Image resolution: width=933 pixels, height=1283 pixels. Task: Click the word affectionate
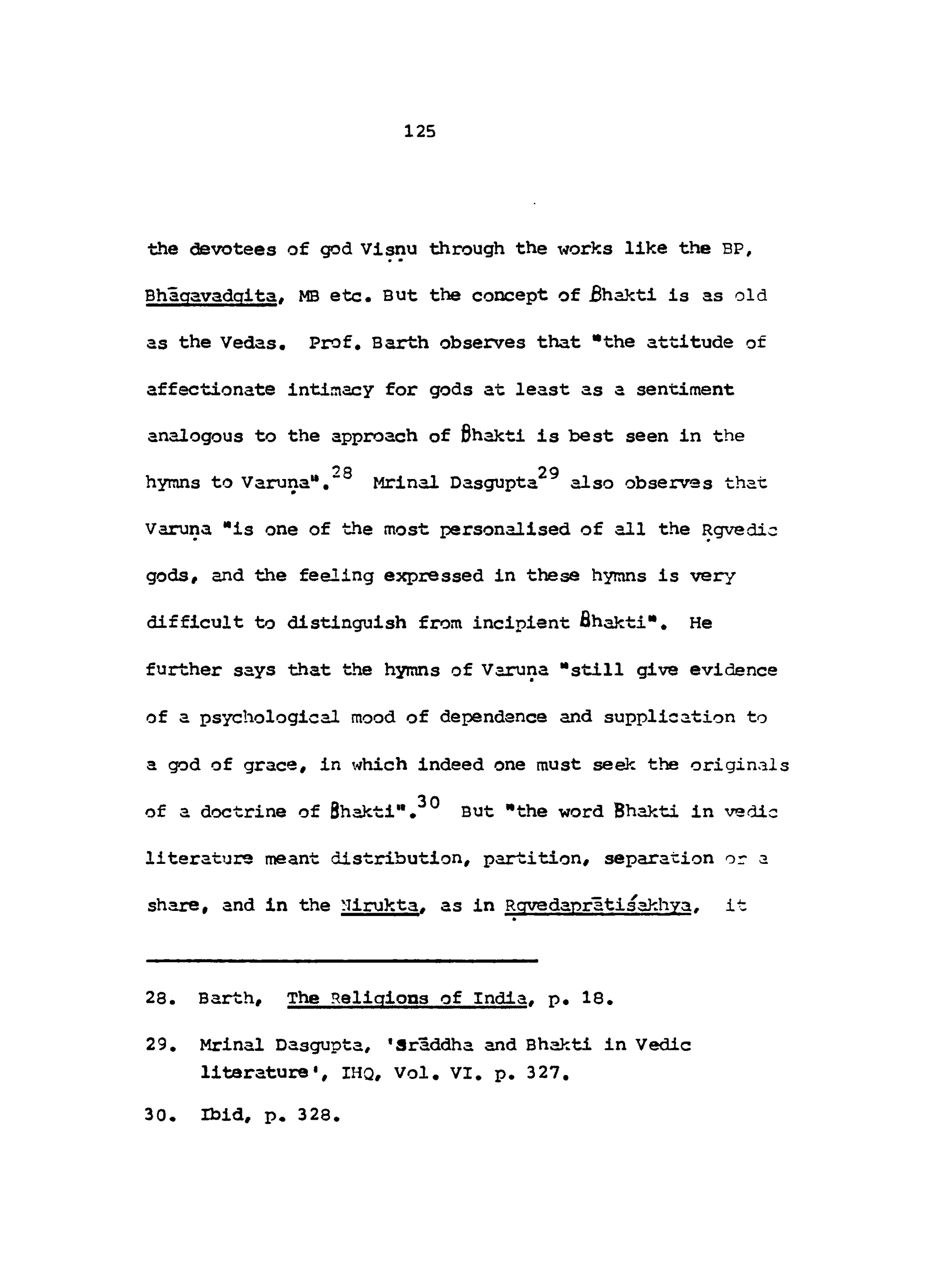click(x=210, y=390)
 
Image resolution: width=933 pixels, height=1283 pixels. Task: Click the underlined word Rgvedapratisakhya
click(x=598, y=905)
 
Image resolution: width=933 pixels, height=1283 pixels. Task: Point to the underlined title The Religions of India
click(x=407, y=998)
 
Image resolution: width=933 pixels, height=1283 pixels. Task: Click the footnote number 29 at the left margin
click(x=156, y=1044)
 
